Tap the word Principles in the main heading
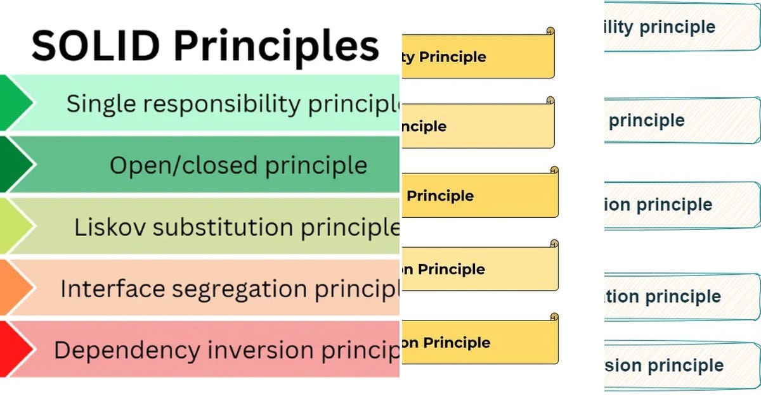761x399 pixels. (x=276, y=47)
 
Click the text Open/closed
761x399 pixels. (x=183, y=165)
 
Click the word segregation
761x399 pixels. (x=249, y=289)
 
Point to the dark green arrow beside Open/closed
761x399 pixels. (x=14, y=165)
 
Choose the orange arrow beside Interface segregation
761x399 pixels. (x=14, y=288)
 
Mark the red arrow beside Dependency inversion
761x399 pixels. (x=14, y=350)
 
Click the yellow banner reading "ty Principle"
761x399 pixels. (x=478, y=57)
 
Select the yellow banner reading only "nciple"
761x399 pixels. (x=478, y=126)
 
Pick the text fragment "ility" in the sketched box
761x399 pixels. (x=619, y=27)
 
